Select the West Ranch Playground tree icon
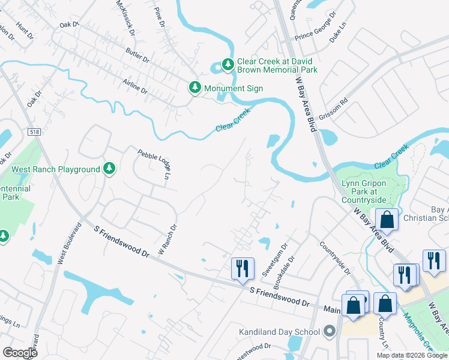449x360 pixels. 109,169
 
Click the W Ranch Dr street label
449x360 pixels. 168,240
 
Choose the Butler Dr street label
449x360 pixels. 137,55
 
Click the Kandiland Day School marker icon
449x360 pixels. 329,331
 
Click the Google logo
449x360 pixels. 20,352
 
